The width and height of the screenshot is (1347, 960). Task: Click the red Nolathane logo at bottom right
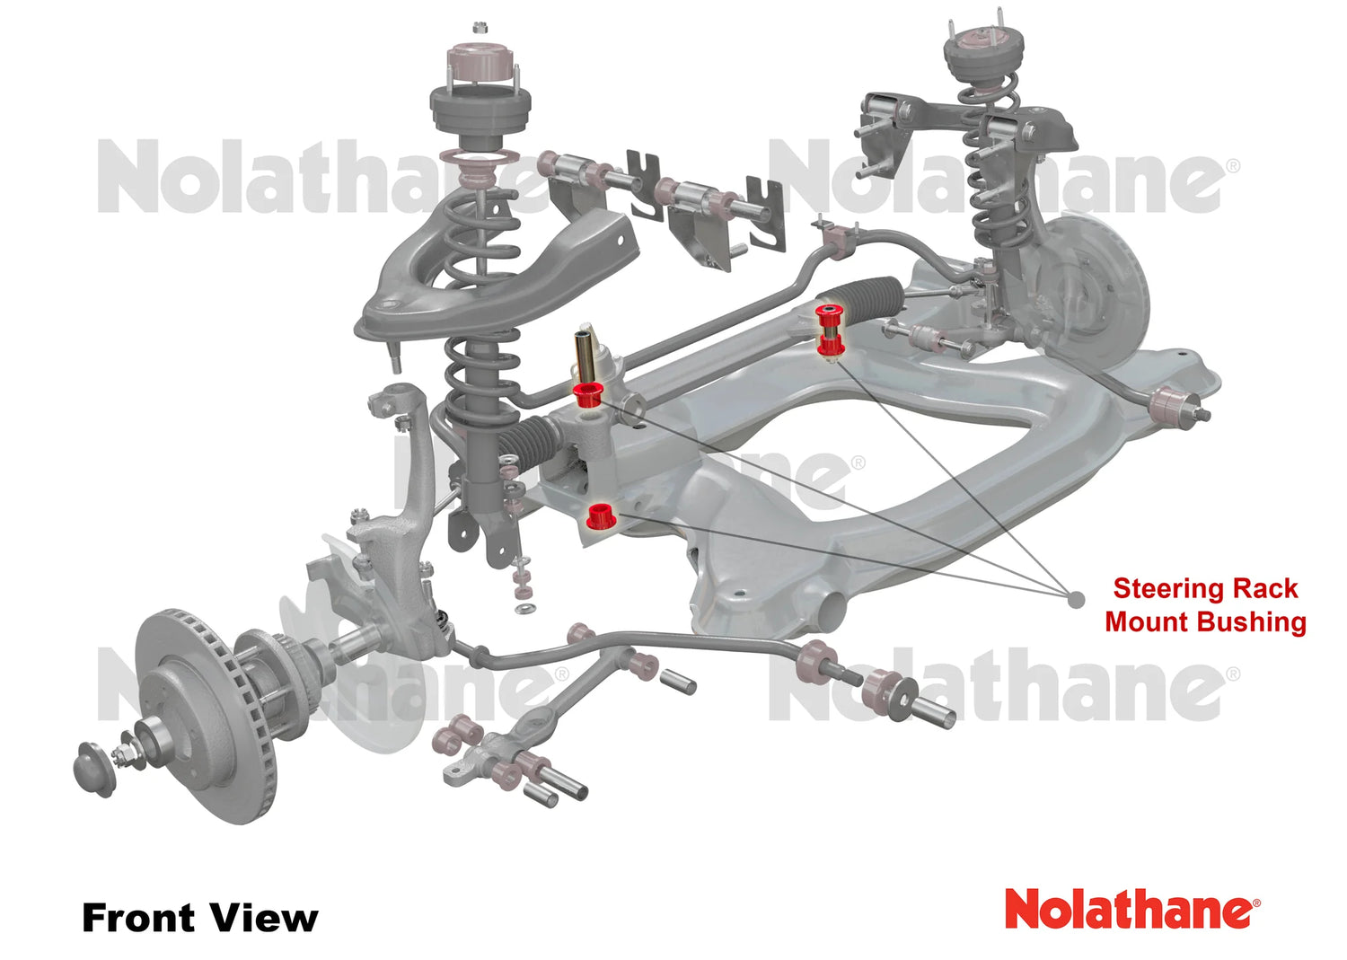tap(1131, 909)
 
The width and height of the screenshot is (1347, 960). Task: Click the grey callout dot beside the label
tap(1076, 599)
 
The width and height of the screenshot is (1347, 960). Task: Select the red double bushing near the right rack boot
tap(829, 330)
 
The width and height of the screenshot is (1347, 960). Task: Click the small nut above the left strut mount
tap(480, 27)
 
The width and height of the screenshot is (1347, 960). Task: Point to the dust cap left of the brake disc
tap(95, 770)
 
